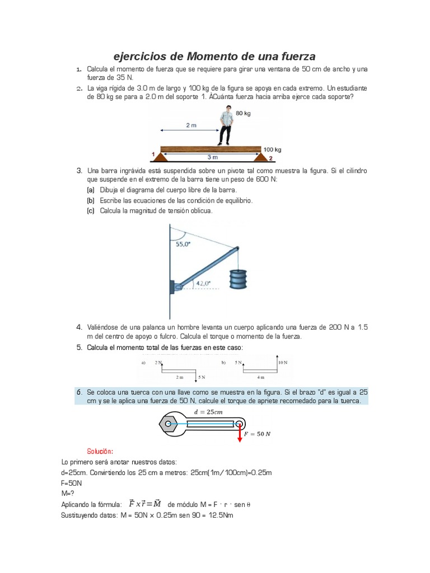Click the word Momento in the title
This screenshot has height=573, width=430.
(217, 57)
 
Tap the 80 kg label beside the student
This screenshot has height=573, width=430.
(244, 114)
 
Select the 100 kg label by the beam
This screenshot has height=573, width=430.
(273, 149)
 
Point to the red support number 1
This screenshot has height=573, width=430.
(153, 154)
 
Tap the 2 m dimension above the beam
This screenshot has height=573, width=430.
(191, 126)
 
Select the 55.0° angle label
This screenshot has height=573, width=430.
(184, 244)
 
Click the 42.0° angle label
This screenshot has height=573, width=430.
(203, 284)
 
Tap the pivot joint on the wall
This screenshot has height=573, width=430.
(176, 288)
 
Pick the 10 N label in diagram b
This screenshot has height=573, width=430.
(283, 363)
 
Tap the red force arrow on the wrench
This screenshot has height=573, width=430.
(240, 434)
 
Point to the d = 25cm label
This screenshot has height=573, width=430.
(208, 412)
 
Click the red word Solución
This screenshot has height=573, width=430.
(100, 451)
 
